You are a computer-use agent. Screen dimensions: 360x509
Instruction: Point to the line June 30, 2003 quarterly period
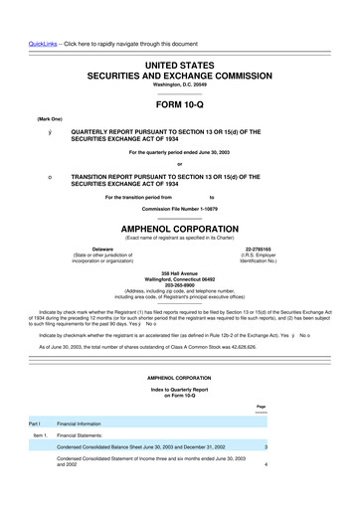click(x=179, y=151)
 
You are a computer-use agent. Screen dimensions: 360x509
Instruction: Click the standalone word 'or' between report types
click(x=179, y=164)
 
